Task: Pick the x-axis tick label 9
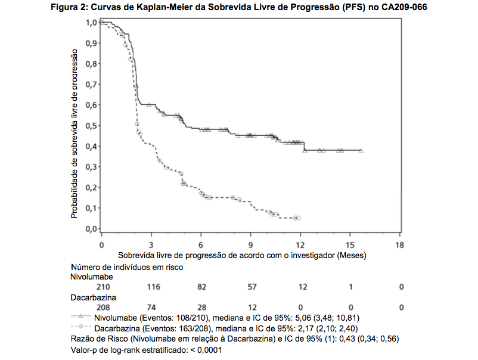[x=251, y=245]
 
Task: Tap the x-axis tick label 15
[x=350, y=245]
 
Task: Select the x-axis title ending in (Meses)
[x=242, y=255]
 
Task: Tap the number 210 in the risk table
[x=103, y=287]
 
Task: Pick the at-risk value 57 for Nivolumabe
[x=253, y=287]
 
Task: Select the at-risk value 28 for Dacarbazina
[x=203, y=307]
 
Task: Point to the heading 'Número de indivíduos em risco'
[x=127, y=267]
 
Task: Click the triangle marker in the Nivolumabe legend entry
[x=80, y=318]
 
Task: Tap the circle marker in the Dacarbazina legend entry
[x=80, y=328]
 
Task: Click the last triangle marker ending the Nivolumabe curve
[x=361, y=150]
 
